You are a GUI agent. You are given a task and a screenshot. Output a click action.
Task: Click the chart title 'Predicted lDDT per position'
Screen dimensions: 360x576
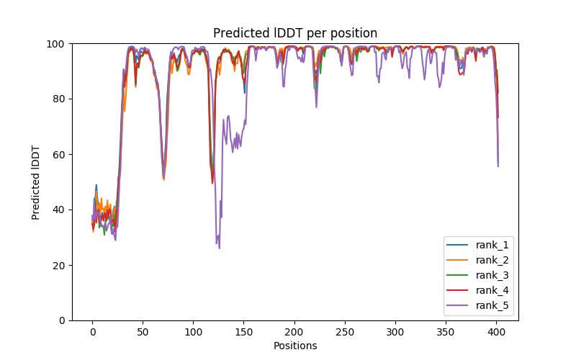pos(294,33)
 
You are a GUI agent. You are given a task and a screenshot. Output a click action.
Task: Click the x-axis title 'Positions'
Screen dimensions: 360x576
pos(294,346)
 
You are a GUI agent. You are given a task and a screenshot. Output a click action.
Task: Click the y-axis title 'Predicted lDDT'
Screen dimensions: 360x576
pos(36,182)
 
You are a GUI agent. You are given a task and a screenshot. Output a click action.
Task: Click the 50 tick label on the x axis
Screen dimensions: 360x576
pos(143,332)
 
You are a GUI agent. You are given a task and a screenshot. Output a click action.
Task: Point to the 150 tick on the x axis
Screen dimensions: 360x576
pos(243,332)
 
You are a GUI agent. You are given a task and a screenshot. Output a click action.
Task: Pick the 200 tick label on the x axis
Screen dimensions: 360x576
pos(294,332)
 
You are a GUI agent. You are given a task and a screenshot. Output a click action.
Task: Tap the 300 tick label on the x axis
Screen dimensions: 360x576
pos(395,332)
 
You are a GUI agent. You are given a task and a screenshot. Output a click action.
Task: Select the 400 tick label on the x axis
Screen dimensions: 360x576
pos(495,332)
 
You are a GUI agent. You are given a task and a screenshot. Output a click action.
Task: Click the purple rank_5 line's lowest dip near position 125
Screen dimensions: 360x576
pos(219,248)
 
